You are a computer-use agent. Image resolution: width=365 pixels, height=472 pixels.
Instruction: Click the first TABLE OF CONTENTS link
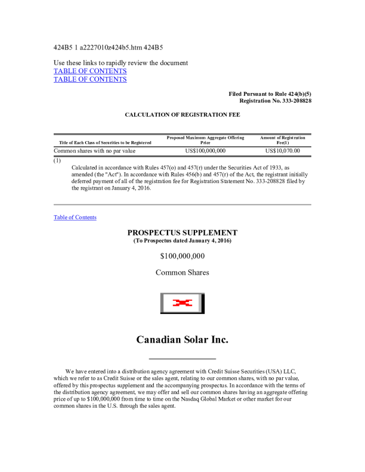pos(90,71)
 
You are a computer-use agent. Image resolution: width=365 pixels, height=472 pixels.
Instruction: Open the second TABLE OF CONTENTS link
pos(90,79)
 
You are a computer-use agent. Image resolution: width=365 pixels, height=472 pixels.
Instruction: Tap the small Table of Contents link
pos(75,218)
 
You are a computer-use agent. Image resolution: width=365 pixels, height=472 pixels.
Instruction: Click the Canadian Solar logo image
pos(182,303)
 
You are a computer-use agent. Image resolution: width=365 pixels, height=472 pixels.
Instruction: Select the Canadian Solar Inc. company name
pos(182,340)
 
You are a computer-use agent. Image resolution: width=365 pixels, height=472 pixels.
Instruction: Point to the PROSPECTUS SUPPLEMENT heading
pos(182,232)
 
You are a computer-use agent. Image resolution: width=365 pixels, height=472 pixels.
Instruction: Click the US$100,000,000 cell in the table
pos(205,151)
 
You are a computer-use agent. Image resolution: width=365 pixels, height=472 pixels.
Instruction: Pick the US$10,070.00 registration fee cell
pos(283,151)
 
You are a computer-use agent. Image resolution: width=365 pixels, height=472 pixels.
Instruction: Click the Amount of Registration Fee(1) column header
pos(283,140)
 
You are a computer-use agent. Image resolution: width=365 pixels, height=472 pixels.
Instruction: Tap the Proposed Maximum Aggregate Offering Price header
pos(205,140)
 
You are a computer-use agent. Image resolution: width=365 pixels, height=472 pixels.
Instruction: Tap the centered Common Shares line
pos(182,272)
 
